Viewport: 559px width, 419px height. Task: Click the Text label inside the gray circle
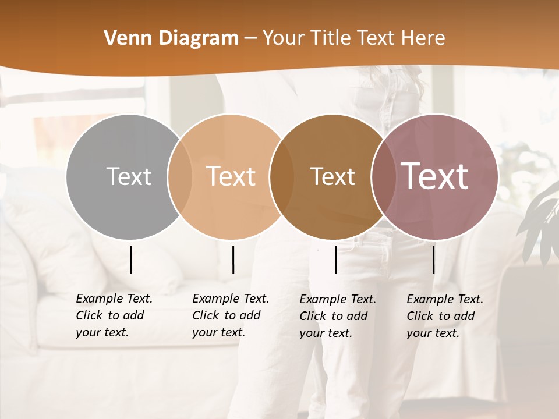tap(129, 176)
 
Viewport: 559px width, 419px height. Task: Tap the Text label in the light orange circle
tap(231, 176)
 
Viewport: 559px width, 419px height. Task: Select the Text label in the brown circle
tap(332, 176)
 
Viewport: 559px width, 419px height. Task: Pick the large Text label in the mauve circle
tap(435, 176)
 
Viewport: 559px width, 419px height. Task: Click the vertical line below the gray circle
tap(130, 260)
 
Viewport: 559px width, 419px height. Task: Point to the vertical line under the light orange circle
tap(233, 260)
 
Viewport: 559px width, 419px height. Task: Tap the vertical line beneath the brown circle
tap(336, 260)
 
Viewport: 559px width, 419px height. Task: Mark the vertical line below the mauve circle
tap(433, 260)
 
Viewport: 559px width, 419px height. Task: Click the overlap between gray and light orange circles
tap(180, 177)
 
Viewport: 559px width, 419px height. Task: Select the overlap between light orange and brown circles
tap(281, 177)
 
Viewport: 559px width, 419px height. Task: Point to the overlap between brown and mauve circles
tap(382, 177)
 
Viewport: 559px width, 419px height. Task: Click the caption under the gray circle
tap(114, 315)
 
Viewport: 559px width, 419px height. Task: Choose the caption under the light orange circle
tap(231, 315)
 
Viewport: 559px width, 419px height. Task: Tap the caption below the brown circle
tap(338, 316)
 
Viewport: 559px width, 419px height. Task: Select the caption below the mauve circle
tap(445, 316)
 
